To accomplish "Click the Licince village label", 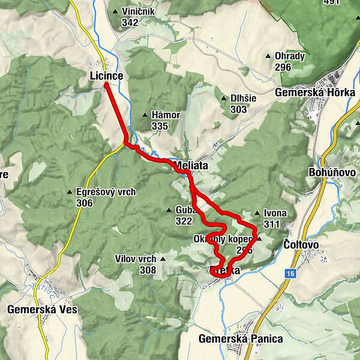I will (x=106, y=76).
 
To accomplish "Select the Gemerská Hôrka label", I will (x=315, y=92).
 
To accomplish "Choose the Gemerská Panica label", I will (x=241, y=338).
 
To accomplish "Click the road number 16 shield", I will (x=290, y=274).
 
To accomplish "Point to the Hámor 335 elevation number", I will (x=159, y=126).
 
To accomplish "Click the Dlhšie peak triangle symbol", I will (x=225, y=98).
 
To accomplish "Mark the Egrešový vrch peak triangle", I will (x=70, y=193).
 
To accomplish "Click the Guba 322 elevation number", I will (x=184, y=221).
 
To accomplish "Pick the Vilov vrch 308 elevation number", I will (x=147, y=270).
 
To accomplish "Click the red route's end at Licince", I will (x=105, y=85).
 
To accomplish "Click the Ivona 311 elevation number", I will (x=271, y=224).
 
